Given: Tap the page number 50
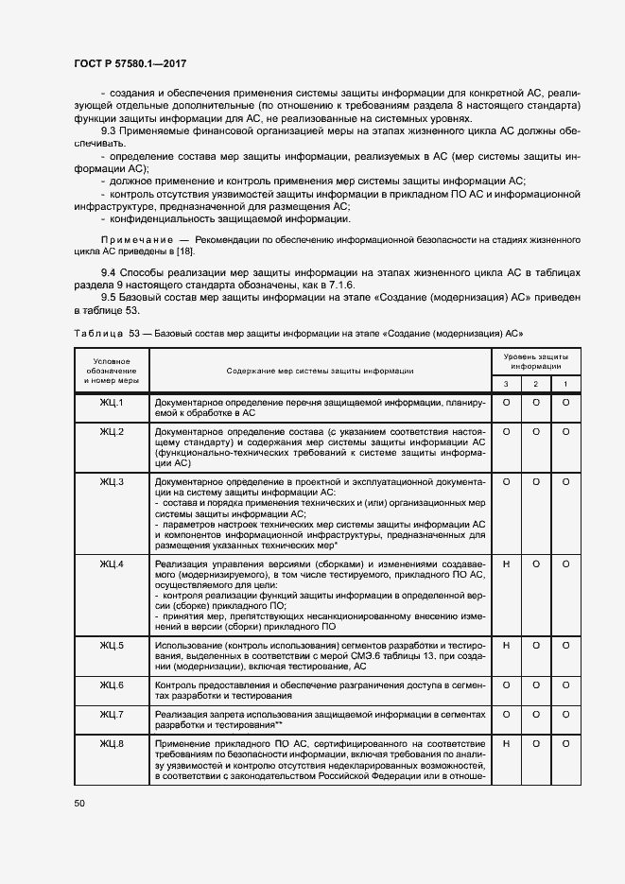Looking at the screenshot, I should (x=79, y=804).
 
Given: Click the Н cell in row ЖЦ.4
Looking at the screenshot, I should (x=506, y=564).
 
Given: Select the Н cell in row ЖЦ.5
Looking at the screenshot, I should (x=506, y=645).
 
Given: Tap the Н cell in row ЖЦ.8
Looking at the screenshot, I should (x=506, y=744).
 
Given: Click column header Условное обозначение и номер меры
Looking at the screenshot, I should (x=112, y=371).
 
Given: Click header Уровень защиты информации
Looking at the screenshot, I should (x=536, y=360).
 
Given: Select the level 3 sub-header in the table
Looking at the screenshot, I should (x=506, y=383).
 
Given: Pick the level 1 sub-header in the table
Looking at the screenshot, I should (x=565, y=383).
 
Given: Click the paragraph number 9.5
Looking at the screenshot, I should (x=109, y=298).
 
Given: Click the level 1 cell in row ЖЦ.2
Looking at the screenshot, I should (x=565, y=431).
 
